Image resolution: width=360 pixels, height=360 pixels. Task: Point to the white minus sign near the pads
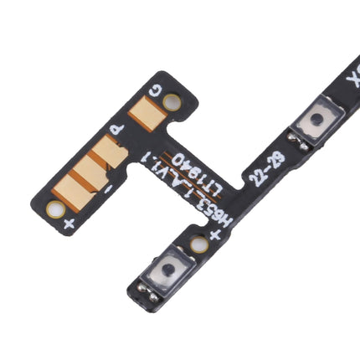point(108,189)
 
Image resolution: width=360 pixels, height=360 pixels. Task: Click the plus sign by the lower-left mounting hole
point(69,223)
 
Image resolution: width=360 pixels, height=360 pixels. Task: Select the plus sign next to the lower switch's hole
point(215,234)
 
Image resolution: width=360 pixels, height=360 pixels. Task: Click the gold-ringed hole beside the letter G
point(172,101)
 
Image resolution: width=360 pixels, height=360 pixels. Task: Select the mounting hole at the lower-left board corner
point(55,209)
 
